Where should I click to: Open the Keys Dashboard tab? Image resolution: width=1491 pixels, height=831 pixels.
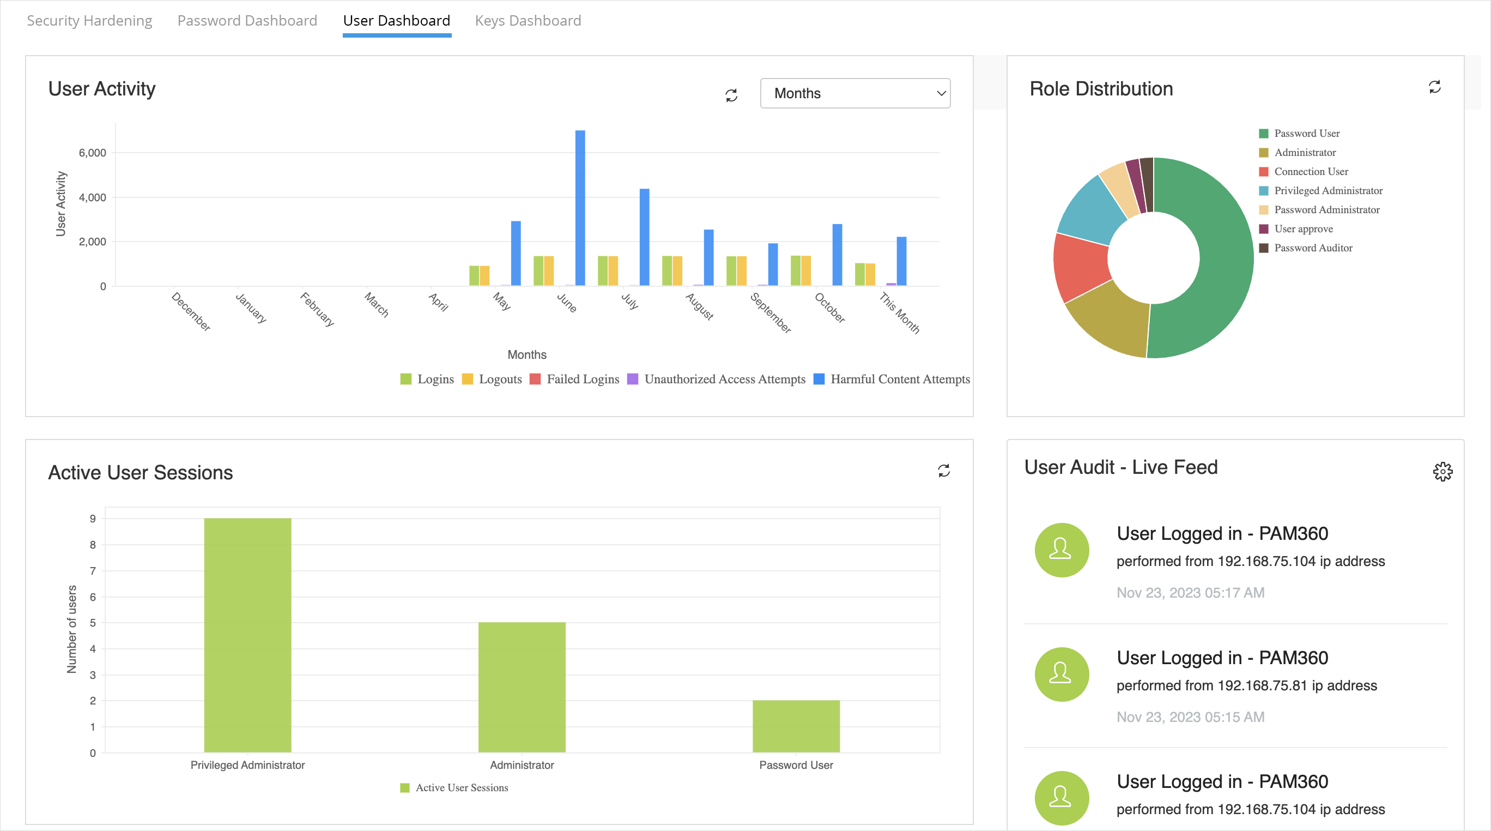[x=528, y=21]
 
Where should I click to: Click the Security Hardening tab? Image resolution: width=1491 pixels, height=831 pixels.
[x=89, y=21]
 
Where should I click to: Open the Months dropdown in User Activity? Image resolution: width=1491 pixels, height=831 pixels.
[x=854, y=93]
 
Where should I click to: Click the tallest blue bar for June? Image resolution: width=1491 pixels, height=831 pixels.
[x=580, y=208]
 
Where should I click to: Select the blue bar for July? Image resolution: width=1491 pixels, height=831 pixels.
[x=644, y=237]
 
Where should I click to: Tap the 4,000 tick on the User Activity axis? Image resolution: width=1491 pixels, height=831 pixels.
[x=93, y=197]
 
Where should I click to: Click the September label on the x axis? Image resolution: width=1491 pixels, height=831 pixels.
[x=771, y=312]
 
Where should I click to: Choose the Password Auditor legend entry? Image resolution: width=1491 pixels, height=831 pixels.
[x=1313, y=248]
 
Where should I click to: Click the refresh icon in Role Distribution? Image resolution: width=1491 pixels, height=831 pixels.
[x=1434, y=87]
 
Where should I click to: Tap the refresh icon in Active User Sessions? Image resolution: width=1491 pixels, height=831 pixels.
[x=943, y=470]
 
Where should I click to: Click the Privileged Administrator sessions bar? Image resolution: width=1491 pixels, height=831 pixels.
[x=248, y=635]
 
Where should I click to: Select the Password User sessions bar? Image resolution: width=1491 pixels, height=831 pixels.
[x=796, y=726]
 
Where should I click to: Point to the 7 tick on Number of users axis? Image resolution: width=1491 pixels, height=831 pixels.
[x=93, y=571]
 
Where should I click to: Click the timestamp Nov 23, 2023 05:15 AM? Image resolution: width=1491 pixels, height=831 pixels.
[x=1190, y=717]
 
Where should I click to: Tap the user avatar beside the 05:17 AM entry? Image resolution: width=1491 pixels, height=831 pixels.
[x=1062, y=550]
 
